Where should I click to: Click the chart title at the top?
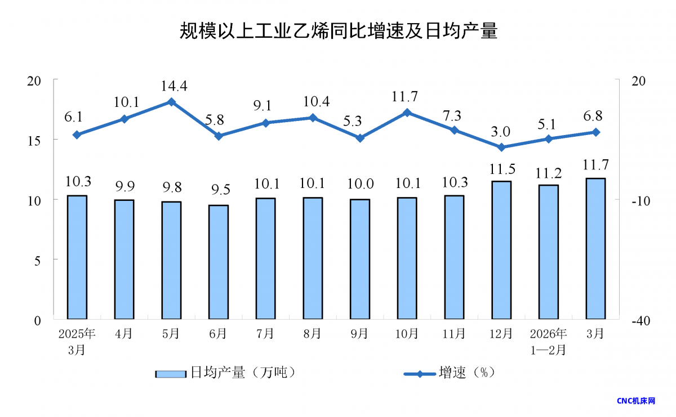click(x=338, y=30)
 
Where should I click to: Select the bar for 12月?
click(x=501, y=250)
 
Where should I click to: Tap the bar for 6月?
click(x=219, y=262)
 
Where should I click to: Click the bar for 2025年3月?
click(x=77, y=257)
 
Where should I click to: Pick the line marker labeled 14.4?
click(x=171, y=102)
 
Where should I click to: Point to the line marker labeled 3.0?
click(x=501, y=147)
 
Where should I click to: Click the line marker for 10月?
click(x=407, y=113)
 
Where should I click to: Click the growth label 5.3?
click(x=360, y=120)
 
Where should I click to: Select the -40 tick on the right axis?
click(x=642, y=321)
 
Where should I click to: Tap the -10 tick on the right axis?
click(x=642, y=201)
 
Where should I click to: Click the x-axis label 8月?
click(x=313, y=334)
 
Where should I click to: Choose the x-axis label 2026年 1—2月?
click(x=549, y=341)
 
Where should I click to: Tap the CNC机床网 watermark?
click(x=636, y=401)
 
